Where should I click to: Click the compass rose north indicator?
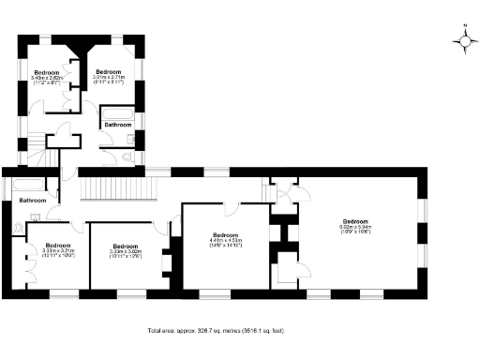click(x=465, y=40)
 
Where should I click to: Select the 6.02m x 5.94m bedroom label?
click(x=355, y=226)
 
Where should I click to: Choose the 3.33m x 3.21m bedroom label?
click(x=58, y=248)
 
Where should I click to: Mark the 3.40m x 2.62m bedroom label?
click(x=47, y=76)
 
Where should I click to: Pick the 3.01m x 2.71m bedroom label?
click(x=109, y=76)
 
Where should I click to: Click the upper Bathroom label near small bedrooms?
click(x=118, y=124)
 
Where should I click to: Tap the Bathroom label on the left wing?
click(x=34, y=200)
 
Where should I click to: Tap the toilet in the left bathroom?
click(x=20, y=227)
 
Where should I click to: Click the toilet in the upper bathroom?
click(x=127, y=157)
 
